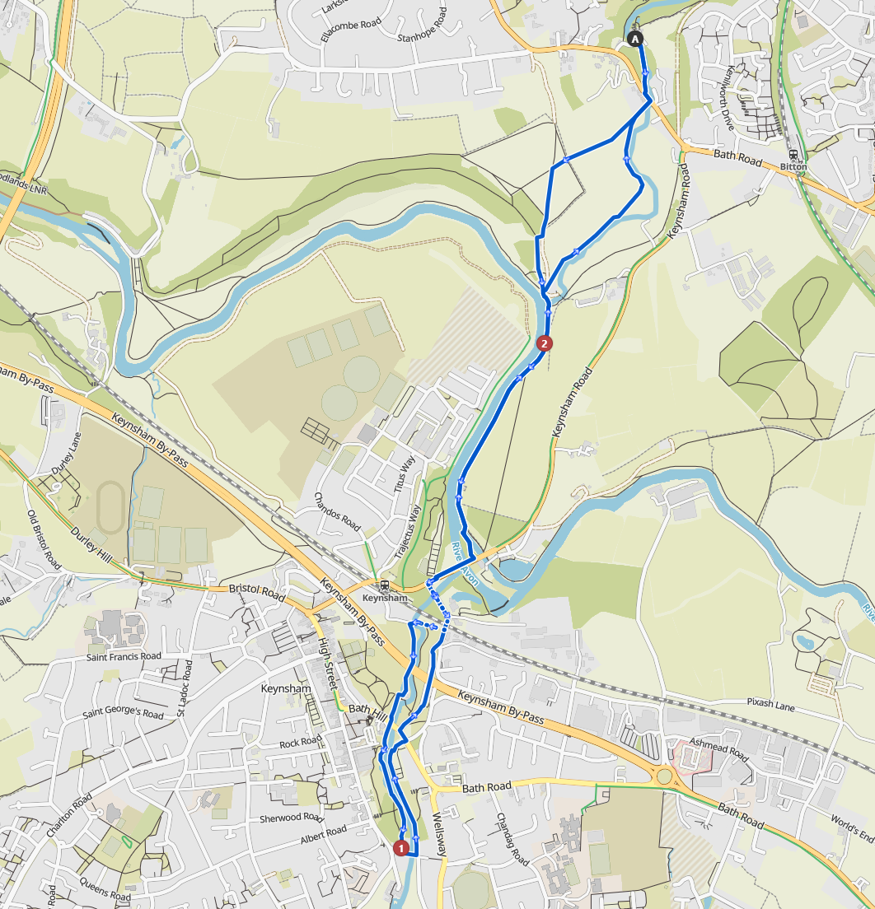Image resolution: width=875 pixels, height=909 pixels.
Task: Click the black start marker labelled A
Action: [634, 38]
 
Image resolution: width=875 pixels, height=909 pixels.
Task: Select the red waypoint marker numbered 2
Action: [543, 343]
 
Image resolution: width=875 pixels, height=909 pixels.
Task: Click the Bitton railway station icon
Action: [793, 155]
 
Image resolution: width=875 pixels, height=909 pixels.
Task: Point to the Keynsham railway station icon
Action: [384, 586]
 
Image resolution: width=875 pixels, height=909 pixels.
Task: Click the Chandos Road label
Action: [338, 511]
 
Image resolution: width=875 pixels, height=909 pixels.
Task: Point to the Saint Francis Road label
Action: [124, 656]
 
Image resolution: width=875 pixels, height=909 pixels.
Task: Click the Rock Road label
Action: [300, 742]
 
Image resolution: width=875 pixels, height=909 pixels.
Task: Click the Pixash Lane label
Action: [770, 705]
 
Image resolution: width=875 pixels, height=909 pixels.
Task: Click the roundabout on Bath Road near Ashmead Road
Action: [665, 776]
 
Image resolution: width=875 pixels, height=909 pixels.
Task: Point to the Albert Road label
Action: [323, 832]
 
